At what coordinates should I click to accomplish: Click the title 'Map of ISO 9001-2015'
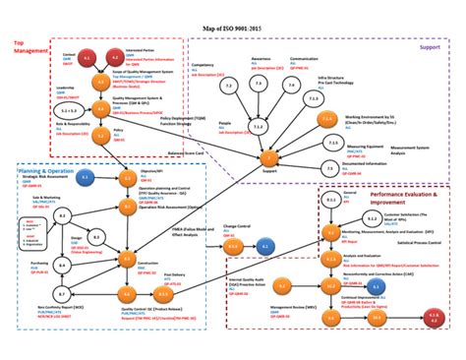(x=234, y=30)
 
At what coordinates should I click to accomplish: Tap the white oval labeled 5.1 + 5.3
(x=71, y=111)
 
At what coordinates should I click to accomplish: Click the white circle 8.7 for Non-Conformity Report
(x=59, y=294)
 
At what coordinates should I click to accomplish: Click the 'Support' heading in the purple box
(x=429, y=46)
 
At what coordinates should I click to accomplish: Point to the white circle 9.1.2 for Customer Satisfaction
(x=333, y=201)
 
